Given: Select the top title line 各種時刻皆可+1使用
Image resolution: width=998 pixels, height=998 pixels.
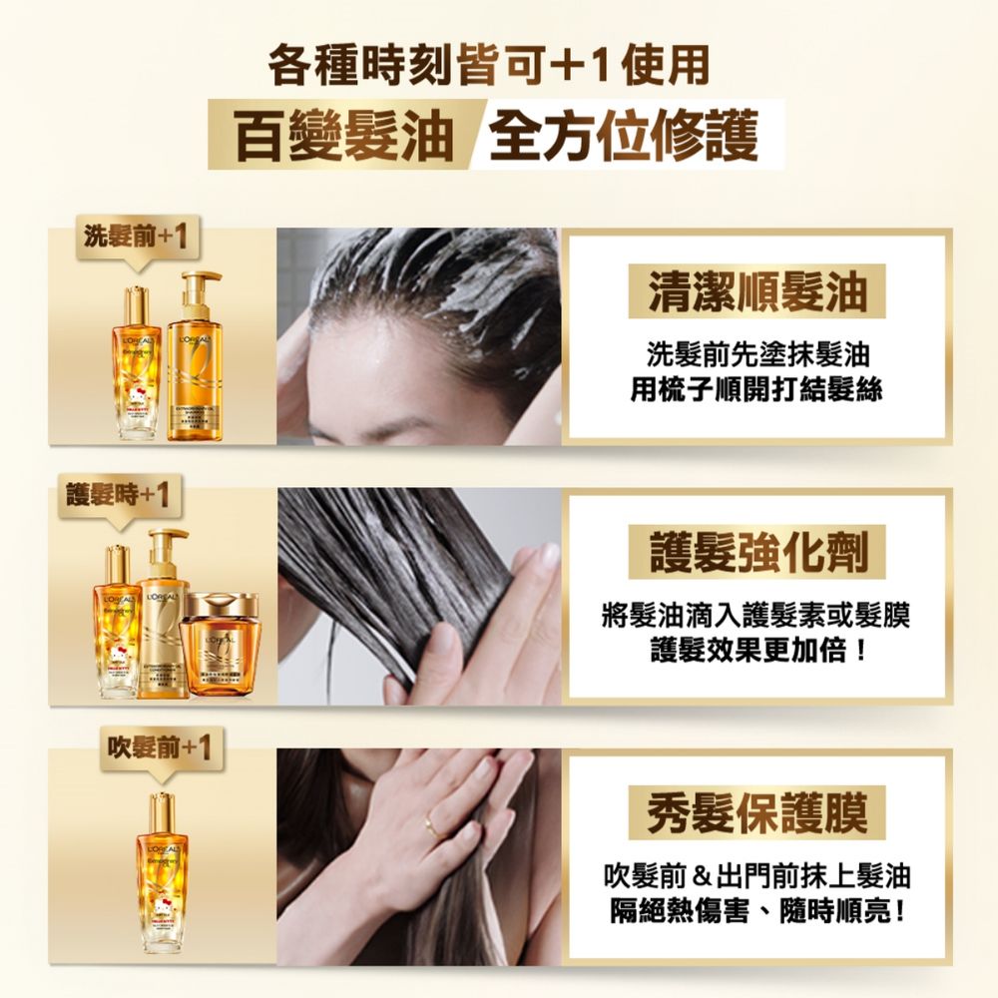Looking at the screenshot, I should [x=489, y=67].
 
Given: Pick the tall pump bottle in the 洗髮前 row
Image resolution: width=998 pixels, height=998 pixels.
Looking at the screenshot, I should [x=196, y=359].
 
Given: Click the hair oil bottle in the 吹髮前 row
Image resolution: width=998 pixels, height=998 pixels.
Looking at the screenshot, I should [x=162, y=868].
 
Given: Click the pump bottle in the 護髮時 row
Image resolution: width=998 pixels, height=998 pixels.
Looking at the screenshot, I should [x=163, y=619].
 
